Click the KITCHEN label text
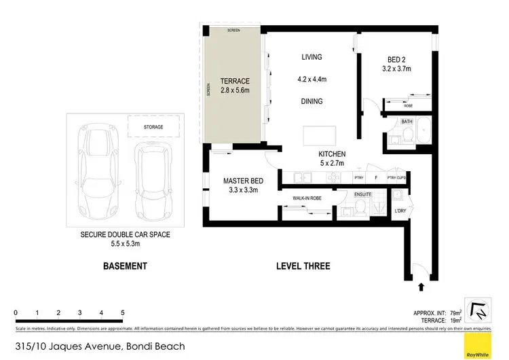pyautogui.click(x=333, y=154)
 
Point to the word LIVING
pyautogui.click(x=312, y=57)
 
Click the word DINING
pyautogui.click(x=312, y=101)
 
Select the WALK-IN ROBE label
pyautogui.click(x=307, y=198)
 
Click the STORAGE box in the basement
pyautogui.click(x=157, y=127)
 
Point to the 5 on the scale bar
pyautogui.click(x=122, y=312)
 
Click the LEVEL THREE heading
pyautogui.click(x=303, y=266)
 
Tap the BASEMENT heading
pyautogui.click(x=124, y=266)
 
